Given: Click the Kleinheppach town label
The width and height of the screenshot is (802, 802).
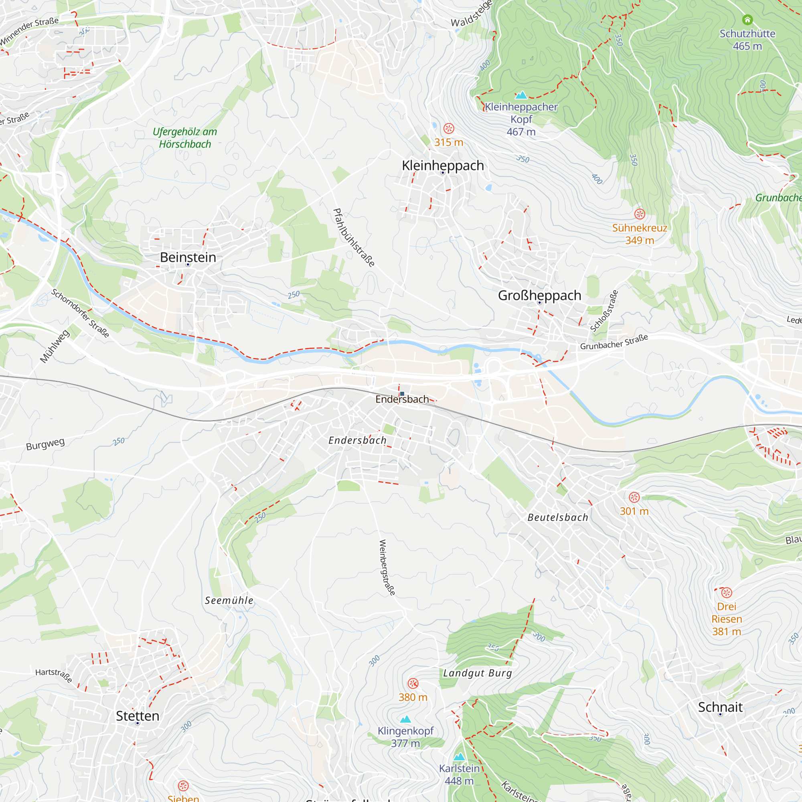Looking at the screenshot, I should point(443,165).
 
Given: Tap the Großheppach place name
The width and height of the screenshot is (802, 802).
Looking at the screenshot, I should point(539,295).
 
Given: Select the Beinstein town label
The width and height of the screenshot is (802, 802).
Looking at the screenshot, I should point(188,257).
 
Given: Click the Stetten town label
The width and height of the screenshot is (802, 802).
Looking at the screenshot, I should point(138,716).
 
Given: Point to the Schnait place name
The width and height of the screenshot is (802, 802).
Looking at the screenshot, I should point(720,707).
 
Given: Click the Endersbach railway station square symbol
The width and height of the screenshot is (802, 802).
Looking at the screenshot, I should point(402,393).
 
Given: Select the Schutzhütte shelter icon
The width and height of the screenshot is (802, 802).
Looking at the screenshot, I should point(747,20).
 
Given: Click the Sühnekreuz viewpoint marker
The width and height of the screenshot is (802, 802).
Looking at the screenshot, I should point(639,214).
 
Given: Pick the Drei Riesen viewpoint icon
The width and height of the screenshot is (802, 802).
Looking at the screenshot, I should point(727,593).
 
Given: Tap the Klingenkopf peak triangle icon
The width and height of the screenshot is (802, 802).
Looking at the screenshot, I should point(405,719).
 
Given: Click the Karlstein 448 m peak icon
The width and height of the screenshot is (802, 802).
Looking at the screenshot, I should point(459,756).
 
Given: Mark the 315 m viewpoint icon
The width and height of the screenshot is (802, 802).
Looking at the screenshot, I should point(448,128).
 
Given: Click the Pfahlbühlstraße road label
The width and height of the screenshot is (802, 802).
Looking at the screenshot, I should point(354,237).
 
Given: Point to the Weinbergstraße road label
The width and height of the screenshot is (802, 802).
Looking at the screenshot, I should point(387,568).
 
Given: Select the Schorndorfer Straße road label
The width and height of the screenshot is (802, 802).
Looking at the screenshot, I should point(80,314).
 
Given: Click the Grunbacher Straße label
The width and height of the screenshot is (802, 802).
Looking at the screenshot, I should point(614,342).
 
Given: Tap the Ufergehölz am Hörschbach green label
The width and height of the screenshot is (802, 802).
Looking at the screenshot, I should point(185,138).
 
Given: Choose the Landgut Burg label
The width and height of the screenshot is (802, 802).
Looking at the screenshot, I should point(477,673).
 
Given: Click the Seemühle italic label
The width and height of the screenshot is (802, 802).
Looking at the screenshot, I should point(229,600).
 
